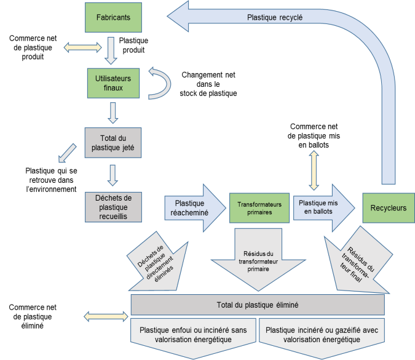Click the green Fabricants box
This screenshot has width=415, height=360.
[x=113, y=18]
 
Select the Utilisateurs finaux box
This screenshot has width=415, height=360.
[x=113, y=83]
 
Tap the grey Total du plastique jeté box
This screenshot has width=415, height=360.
[x=113, y=143]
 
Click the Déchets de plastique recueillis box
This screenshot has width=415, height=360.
[x=113, y=207]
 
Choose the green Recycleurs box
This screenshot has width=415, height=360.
[x=389, y=208]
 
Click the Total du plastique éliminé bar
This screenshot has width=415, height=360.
[x=258, y=305]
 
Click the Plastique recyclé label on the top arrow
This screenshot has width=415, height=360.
[x=275, y=18]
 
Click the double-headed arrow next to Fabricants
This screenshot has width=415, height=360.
[x=82, y=46]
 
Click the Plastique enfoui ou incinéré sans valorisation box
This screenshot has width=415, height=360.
[x=193, y=334]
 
